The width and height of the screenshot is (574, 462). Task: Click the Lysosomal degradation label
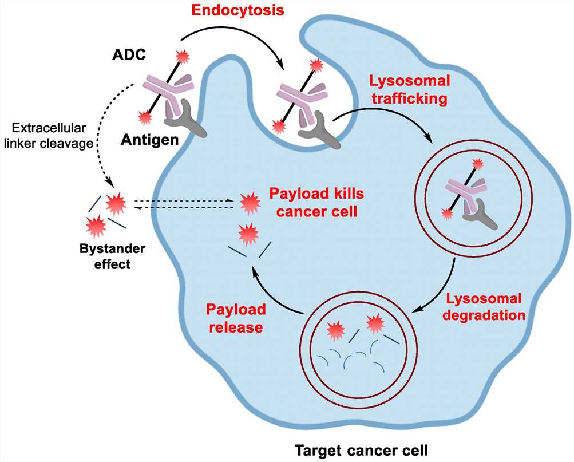tap(484, 307)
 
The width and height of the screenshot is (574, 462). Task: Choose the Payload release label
tap(235, 318)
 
